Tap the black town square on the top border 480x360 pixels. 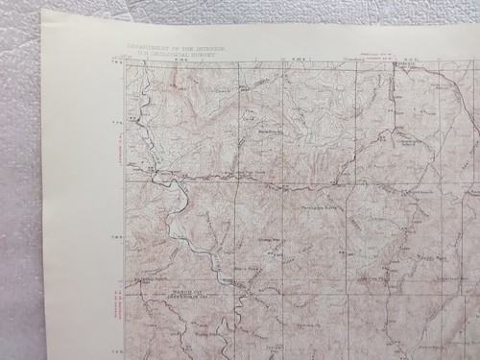(x=391, y=62)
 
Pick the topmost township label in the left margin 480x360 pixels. (x=118, y=122)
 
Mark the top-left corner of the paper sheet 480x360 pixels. (x=43, y=12)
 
